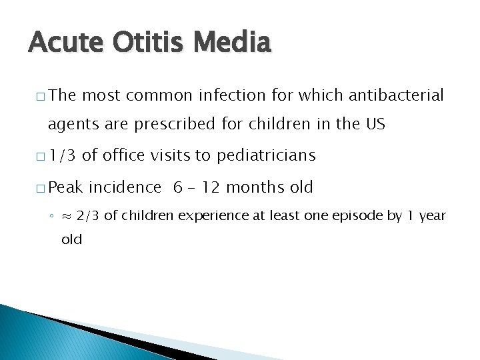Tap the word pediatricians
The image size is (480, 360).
[266, 156]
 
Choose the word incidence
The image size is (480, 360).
[125, 187]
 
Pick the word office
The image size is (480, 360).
[126, 156]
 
